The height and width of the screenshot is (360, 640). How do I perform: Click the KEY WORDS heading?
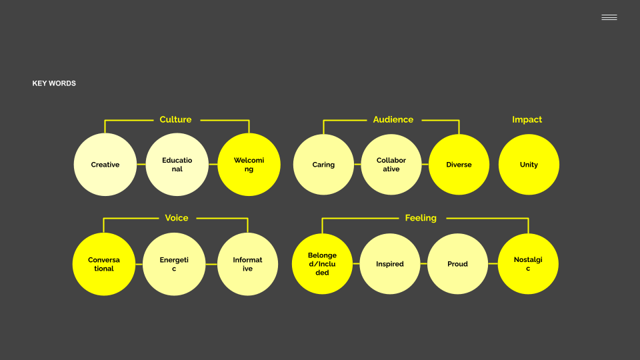54,83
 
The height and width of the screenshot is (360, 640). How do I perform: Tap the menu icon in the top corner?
609,17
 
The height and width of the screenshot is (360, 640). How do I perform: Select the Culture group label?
175,120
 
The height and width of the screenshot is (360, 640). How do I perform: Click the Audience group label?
393,120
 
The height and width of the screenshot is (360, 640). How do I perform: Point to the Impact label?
527,120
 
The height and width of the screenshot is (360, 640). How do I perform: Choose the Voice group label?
177,218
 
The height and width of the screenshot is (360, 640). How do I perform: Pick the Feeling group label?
421,218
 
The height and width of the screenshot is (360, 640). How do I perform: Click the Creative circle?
105,165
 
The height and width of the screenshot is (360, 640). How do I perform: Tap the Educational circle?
177,165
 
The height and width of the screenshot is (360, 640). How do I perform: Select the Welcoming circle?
249,165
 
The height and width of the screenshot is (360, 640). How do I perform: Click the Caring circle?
323,165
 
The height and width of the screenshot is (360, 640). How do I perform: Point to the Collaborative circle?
391,165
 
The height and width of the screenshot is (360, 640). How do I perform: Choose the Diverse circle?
459,165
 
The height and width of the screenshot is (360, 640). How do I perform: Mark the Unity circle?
529,165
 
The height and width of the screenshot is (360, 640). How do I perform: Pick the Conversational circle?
103,264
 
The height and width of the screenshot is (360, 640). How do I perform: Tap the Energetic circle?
174,264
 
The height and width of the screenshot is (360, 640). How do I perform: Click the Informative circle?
247,264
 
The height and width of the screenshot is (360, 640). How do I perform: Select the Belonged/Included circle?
322,264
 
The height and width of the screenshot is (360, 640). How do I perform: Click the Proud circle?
457,264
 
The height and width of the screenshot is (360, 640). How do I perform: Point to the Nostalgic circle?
528,264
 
